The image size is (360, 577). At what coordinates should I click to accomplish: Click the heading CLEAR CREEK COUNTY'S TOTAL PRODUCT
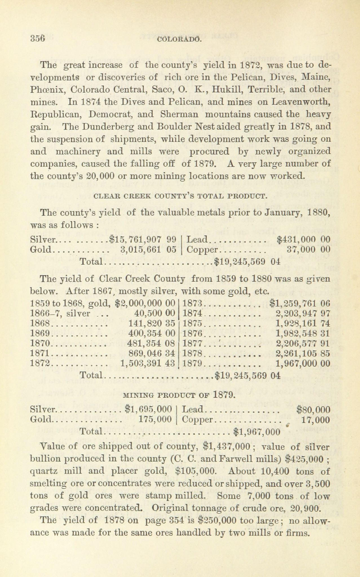(180, 196)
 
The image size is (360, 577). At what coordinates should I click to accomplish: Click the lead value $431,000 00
(303, 240)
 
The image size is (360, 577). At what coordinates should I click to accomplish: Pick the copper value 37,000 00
(308, 249)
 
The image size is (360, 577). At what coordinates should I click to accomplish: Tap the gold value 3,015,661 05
(148, 249)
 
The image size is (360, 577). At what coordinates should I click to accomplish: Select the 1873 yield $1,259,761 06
(300, 304)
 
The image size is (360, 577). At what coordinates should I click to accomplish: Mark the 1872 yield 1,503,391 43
(148, 363)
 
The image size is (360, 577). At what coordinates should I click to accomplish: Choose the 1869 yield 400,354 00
(152, 333)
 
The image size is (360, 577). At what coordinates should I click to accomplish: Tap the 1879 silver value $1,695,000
(148, 409)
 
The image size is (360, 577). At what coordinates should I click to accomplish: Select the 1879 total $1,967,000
(257, 432)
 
